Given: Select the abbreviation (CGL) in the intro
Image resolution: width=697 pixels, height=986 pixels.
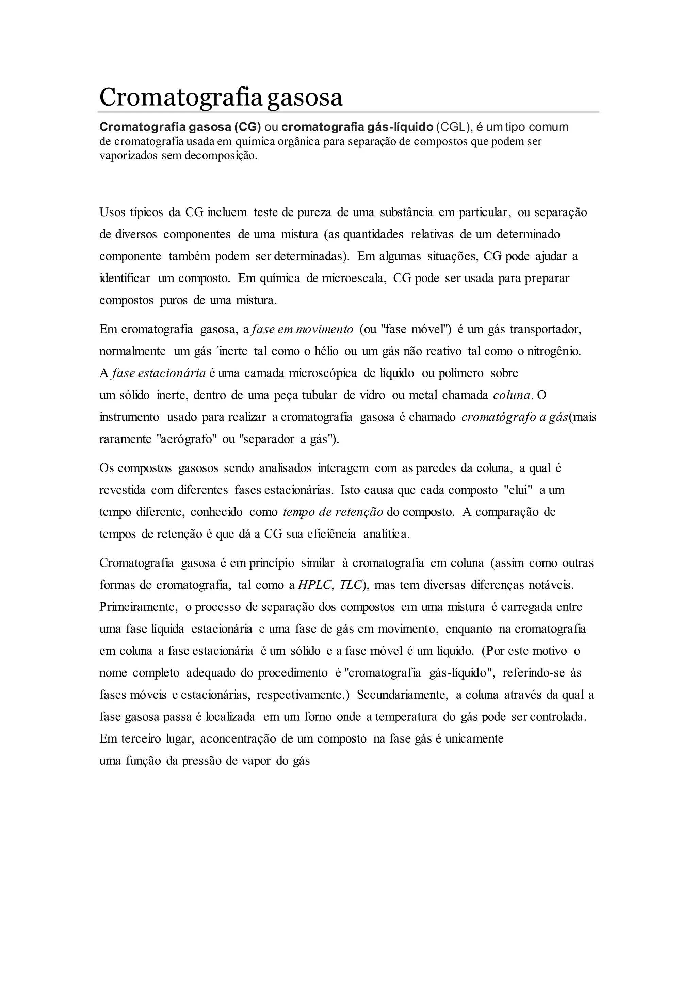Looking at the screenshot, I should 453,127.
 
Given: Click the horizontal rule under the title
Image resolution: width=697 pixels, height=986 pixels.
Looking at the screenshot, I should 348,112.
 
